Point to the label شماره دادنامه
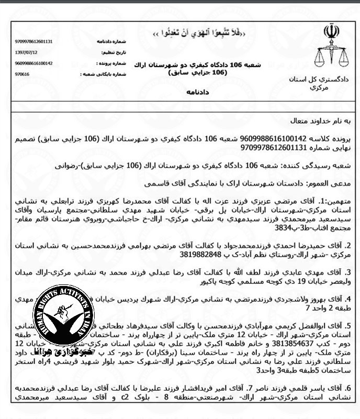(x=109, y=41)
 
